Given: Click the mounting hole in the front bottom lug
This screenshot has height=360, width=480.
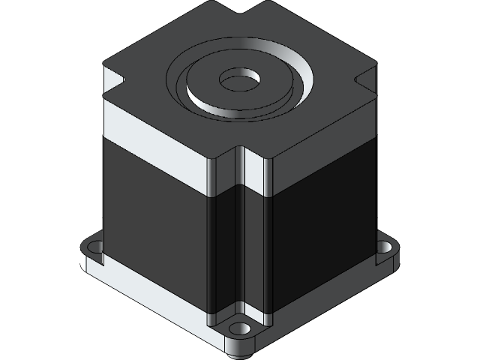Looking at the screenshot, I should click(x=239, y=329).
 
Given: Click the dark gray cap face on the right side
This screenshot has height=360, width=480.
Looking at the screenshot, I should click(x=322, y=135).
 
